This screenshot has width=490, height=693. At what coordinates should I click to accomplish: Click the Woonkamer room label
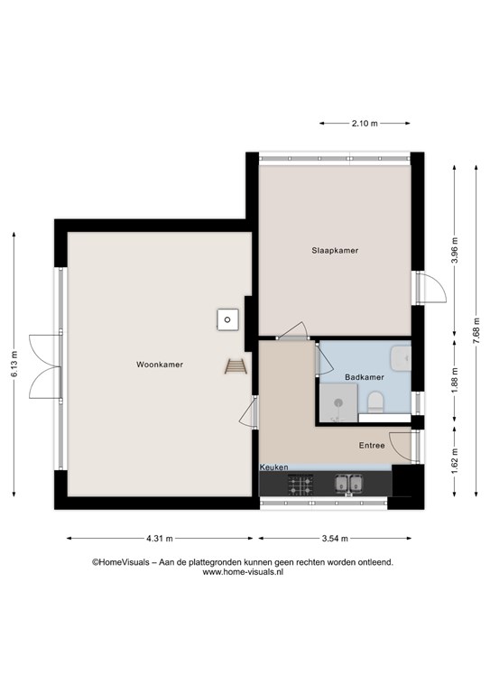pyautogui.click(x=160, y=365)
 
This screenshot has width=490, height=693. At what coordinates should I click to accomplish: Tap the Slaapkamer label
pyautogui.click(x=335, y=251)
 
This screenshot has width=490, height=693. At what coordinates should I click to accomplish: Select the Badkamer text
pyautogui.click(x=365, y=377)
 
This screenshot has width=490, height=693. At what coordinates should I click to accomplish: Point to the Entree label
pyautogui.click(x=372, y=446)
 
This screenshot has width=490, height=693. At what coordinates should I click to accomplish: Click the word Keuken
pyautogui.click(x=274, y=467)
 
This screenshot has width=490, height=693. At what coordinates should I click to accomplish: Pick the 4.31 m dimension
pyautogui.click(x=160, y=539)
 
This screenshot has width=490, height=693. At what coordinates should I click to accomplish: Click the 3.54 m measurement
pyautogui.click(x=335, y=539)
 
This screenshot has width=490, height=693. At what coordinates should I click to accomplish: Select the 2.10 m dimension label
pyautogui.click(x=365, y=124)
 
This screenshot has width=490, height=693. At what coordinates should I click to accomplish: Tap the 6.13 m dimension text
pyautogui.click(x=14, y=365)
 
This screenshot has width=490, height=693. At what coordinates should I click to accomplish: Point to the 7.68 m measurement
pyautogui.click(x=476, y=331)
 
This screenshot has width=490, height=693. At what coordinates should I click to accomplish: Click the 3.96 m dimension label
pyautogui.click(x=455, y=251)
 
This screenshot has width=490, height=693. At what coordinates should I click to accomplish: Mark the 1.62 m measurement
pyautogui.click(x=455, y=461)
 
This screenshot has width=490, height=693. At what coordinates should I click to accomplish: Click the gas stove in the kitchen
pyautogui.click(x=300, y=485)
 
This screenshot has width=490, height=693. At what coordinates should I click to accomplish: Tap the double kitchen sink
pyautogui.click(x=348, y=484)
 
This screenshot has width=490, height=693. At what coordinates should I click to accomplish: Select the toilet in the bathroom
pyautogui.click(x=376, y=402)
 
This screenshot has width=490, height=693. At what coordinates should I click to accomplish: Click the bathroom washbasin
pyautogui.click(x=401, y=358)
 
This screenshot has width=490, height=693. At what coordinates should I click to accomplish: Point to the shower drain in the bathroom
pyautogui.click(x=338, y=402)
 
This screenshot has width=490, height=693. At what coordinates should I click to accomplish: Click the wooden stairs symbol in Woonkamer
pyautogui.click(x=236, y=366)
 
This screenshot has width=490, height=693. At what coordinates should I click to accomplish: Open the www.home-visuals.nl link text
pyautogui.click(x=243, y=572)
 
